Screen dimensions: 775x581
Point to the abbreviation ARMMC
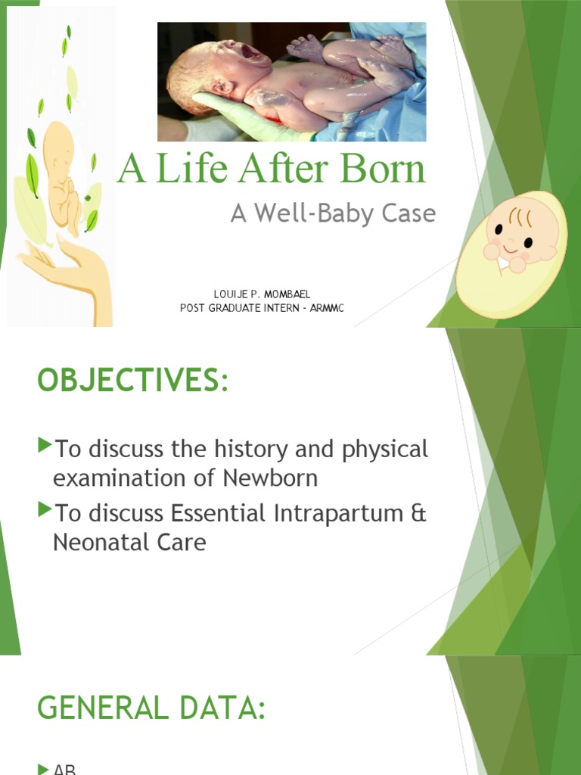point(326,308)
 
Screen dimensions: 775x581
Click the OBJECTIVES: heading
point(132,381)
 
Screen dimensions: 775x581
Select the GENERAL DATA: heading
point(151,709)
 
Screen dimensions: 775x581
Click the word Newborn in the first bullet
point(270,478)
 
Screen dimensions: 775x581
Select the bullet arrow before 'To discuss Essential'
point(44,510)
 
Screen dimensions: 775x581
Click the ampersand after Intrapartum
point(418,514)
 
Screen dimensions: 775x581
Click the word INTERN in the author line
point(263,308)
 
